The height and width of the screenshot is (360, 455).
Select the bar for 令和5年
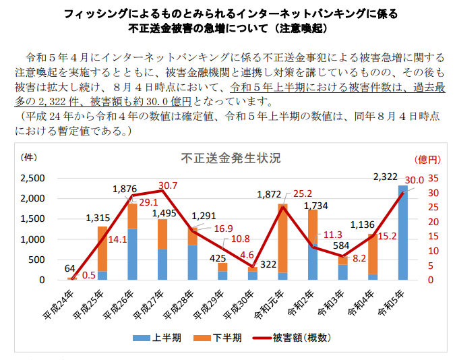pyautogui.click(x=402, y=233)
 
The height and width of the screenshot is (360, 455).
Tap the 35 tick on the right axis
pyautogui.click(x=433, y=179)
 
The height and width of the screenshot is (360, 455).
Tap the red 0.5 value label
pyautogui.click(x=88, y=274)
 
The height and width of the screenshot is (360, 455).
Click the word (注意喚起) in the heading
pyautogui.click(x=293, y=29)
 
